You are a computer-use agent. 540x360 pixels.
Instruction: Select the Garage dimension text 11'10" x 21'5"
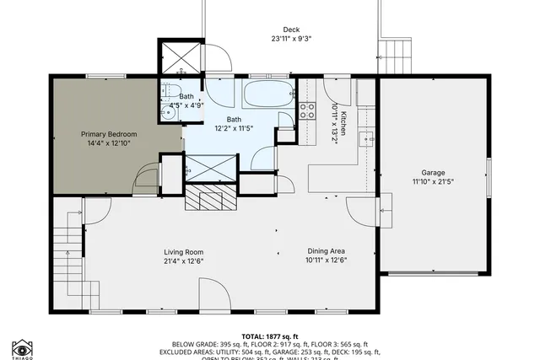pos(433,181)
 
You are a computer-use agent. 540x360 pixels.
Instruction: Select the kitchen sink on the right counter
pos(366,139)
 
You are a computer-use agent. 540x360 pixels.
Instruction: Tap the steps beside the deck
pos(394,56)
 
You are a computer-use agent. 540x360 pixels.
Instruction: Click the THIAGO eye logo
pos(22,348)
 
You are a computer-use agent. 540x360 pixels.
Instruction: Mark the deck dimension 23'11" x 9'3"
pos(290,39)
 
